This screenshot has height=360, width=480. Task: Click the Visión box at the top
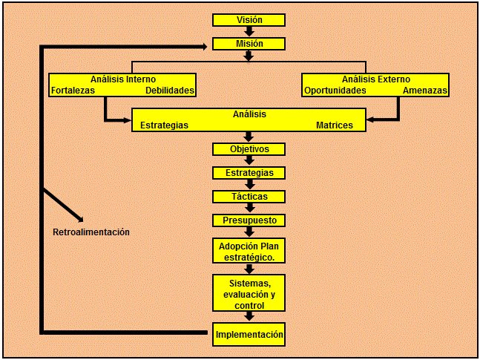tap(249, 20)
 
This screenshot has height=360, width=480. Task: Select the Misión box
tap(249, 44)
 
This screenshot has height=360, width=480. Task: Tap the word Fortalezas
tap(73, 91)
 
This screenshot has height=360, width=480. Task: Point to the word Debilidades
tap(170, 91)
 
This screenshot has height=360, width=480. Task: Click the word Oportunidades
tap(335, 91)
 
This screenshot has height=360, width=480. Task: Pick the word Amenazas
tap(425, 91)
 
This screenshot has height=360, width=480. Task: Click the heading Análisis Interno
tap(123, 79)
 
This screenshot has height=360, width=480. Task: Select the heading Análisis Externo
tap(376, 79)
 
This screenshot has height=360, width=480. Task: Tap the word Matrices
tap(335, 125)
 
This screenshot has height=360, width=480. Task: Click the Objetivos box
tap(249, 149)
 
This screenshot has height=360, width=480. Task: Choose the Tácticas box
tap(249, 197)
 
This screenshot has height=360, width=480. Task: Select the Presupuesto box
tap(249, 220)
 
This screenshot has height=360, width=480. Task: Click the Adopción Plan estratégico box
tap(249, 251)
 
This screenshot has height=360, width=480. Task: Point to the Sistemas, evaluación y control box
tap(249, 293)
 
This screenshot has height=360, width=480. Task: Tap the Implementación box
tap(249, 335)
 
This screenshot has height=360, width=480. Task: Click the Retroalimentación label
tap(91, 232)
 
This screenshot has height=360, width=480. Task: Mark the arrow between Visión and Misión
tap(249, 31)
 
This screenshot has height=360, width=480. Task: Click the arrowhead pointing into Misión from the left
tap(203, 46)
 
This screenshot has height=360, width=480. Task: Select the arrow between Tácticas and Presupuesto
tap(249, 209)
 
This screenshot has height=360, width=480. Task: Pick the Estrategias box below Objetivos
tap(249, 173)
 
